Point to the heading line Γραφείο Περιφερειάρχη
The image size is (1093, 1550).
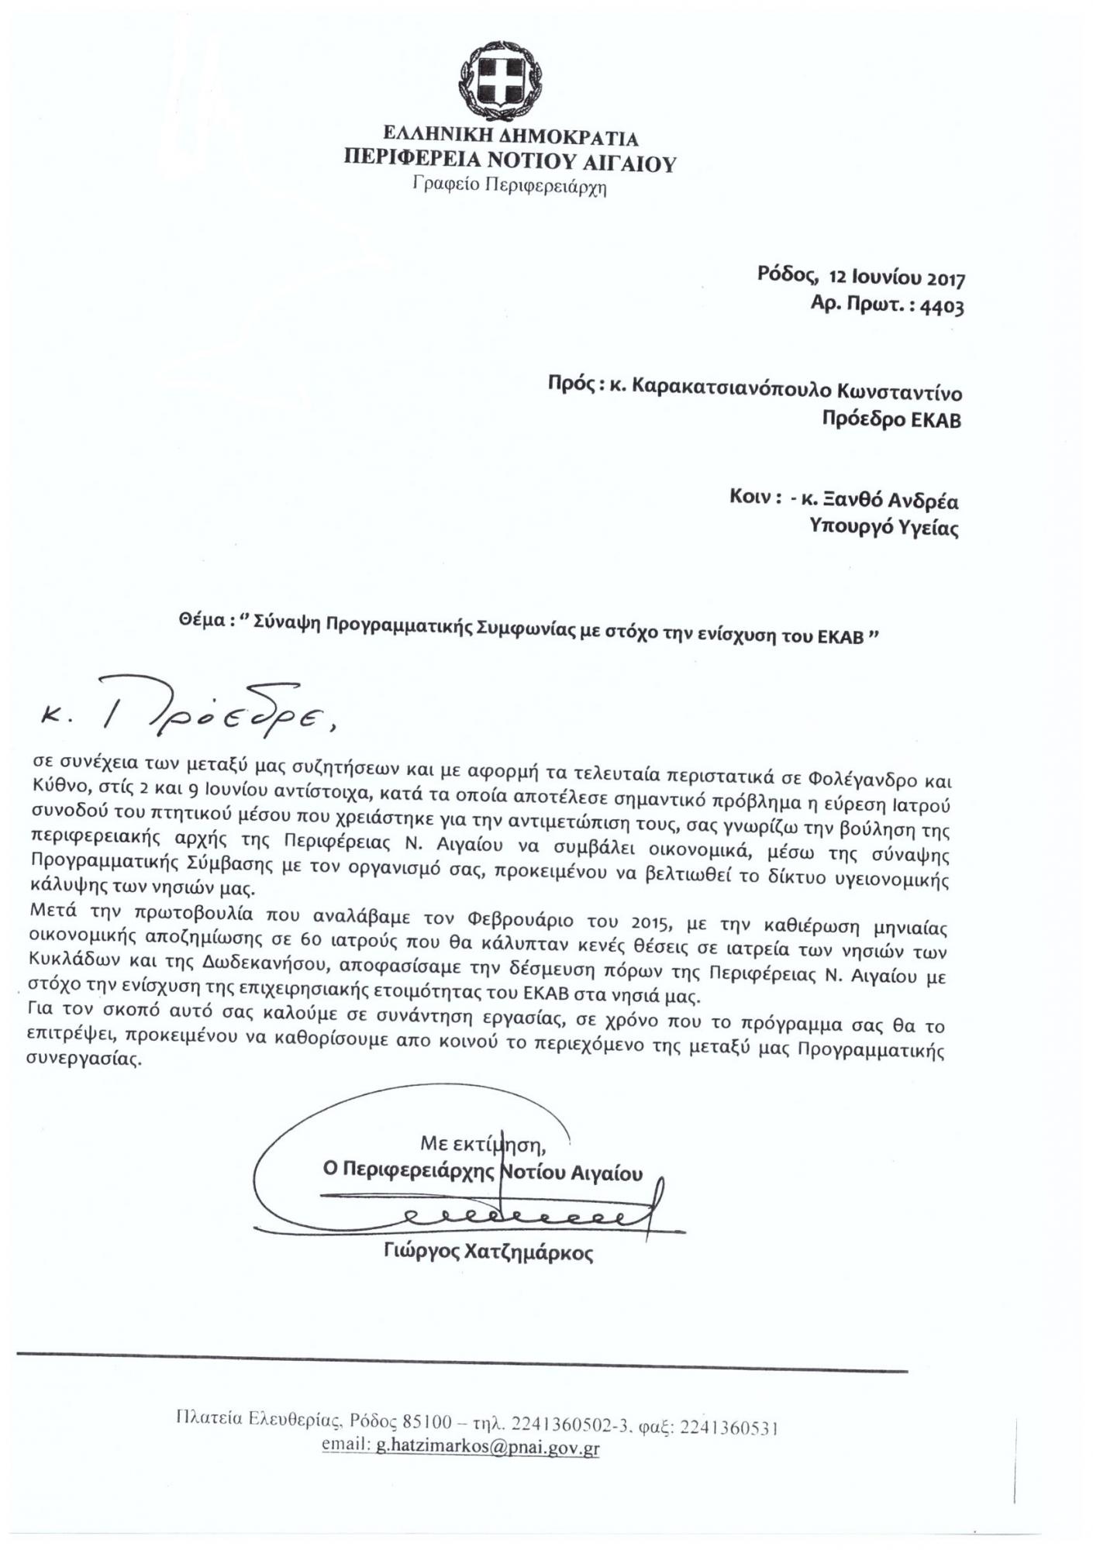(509, 186)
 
